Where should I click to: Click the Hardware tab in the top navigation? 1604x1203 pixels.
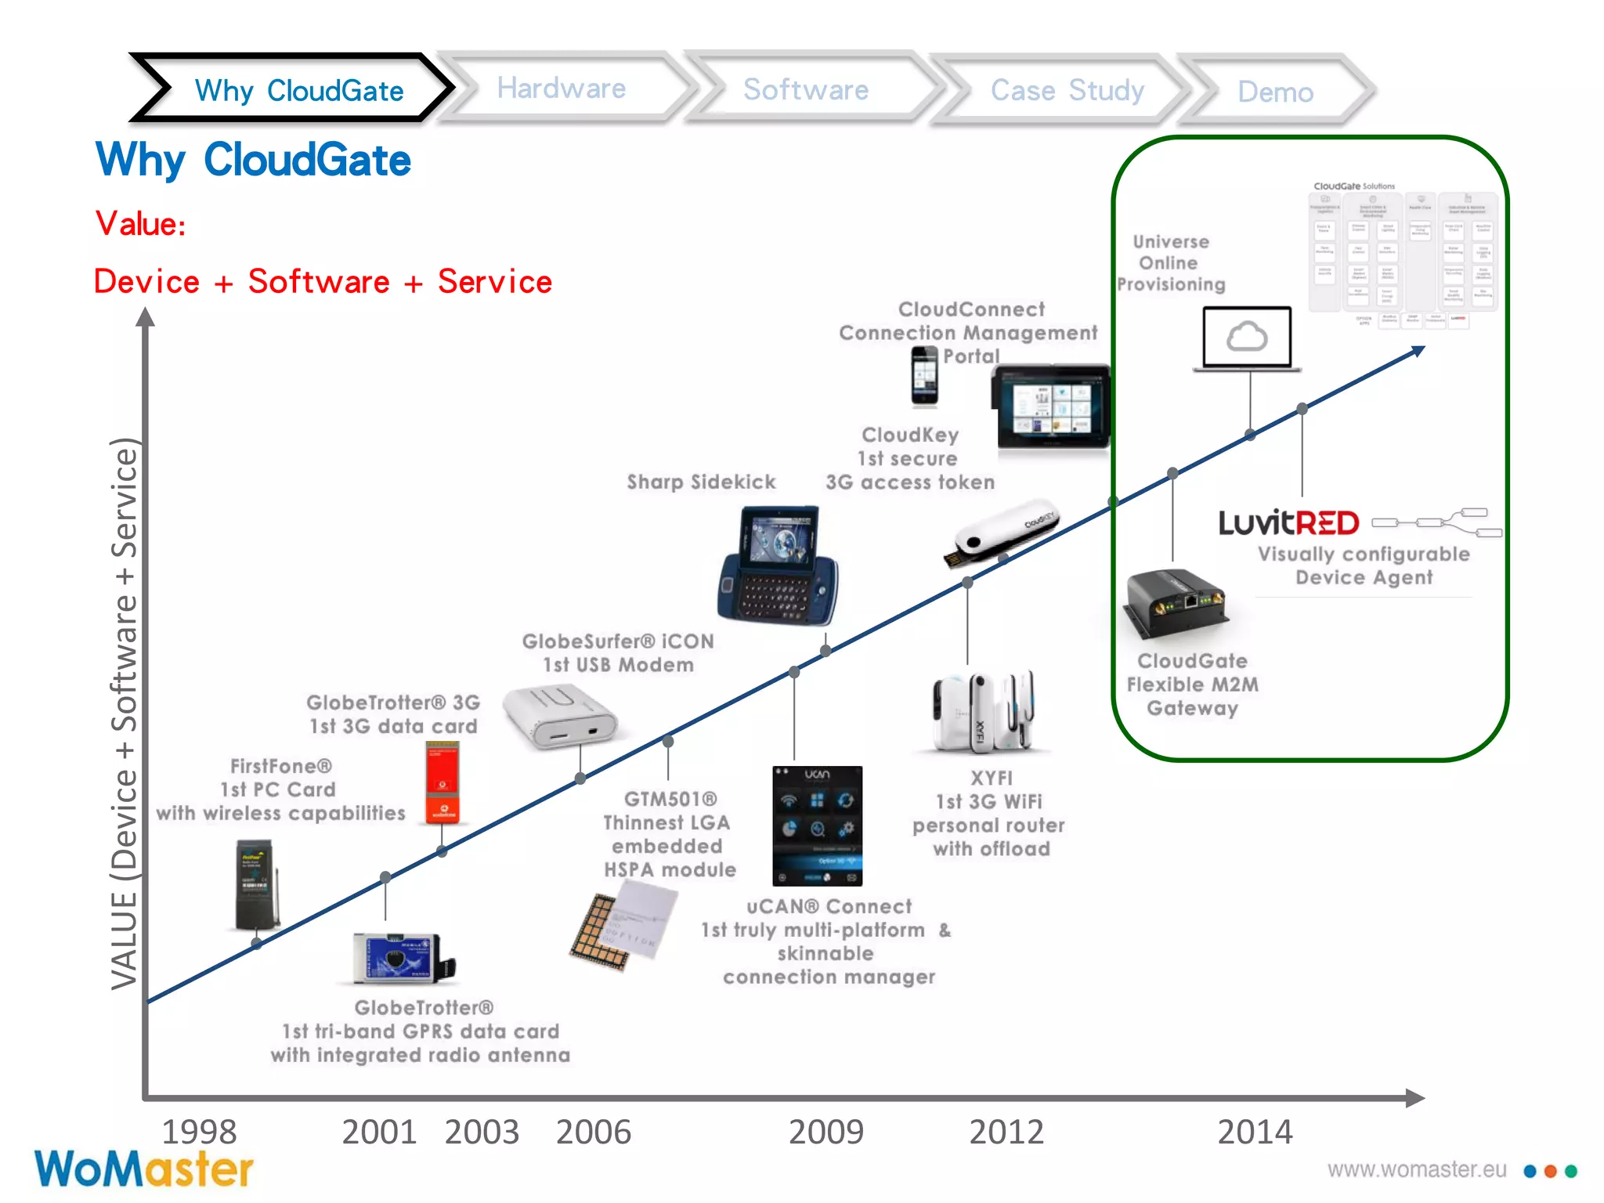(x=561, y=89)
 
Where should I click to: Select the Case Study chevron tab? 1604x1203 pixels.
(x=1067, y=90)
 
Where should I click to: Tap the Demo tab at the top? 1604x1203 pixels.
(x=1275, y=92)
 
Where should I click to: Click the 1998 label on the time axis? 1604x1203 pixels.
(x=199, y=1132)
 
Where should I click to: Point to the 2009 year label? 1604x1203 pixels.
(x=825, y=1132)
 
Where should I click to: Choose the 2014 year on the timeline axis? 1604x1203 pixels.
(x=1255, y=1132)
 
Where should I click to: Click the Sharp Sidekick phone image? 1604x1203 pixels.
(x=778, y=564)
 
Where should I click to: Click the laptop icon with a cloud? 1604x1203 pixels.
(x=1247, y=338)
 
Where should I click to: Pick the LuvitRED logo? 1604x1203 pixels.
(x=1288, y=523)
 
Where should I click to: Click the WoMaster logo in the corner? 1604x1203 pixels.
(x=143, y=1169)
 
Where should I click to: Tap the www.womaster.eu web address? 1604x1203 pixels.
(x=1417, y=1169)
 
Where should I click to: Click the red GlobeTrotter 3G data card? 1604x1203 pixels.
(x=443, y=782)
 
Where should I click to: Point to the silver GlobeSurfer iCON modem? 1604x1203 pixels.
(x=559, y=717)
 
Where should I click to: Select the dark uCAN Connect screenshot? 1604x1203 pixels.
(x=817, y=825)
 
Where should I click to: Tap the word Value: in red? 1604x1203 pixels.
(x=141, y=224)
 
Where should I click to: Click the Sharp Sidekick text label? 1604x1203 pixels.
(x=701, y=482)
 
